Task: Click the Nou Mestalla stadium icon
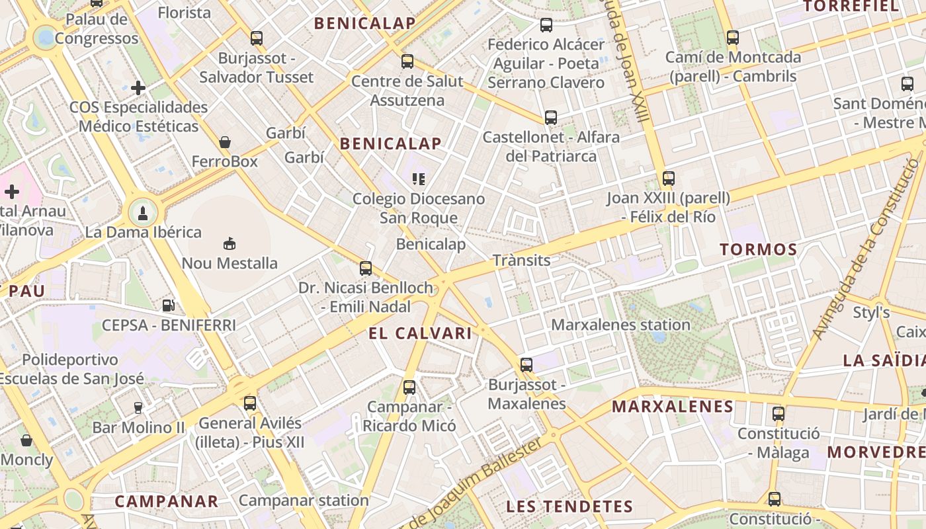coord(229,244)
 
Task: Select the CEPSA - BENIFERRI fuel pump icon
coord(169,305)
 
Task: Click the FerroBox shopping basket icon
coord(225,142)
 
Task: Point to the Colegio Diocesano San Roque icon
coord(418,179)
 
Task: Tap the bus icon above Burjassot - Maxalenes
coord(526,364)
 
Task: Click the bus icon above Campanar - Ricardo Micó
coord(409,387)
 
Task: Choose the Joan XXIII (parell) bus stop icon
coord(669,179)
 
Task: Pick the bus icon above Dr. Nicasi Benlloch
coord(366,268)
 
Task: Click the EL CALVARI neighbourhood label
coord(421,333)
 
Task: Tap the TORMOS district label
coord(759,250)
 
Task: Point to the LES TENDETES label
coord(569,507)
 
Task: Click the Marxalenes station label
coord(620,325)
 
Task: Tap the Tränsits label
coord(521,261)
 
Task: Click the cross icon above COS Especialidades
coord(138,87)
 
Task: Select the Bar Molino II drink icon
coord(138,407)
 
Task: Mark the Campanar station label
coord(304,500)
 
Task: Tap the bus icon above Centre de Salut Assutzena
coord(407,61)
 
